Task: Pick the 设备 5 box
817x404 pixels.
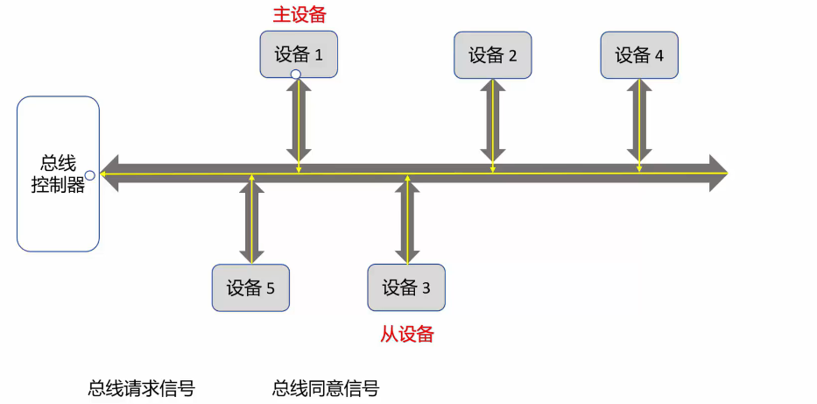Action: click(x=250, y=287)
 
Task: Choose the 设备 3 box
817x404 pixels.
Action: click(x=406, y=287)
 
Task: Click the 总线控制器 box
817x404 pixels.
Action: click(x=58, y=174)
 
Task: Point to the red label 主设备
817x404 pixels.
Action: click(x=299, y=15)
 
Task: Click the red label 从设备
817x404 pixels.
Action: click(x=407, y=334)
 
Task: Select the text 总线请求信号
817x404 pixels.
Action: click(x=141, y=388)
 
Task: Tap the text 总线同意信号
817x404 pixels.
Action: click(x=326, y=388)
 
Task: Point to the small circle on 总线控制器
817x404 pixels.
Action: click(x=89, y=175)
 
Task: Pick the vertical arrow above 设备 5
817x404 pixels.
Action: click(x=251, y=223)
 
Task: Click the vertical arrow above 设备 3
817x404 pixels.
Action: click(x=406, y=223)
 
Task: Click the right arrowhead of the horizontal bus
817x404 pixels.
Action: click(x=718, y=174)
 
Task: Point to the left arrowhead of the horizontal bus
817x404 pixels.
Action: click(x=110, y=174)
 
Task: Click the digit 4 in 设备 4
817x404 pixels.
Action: click(x=659, y=56)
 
